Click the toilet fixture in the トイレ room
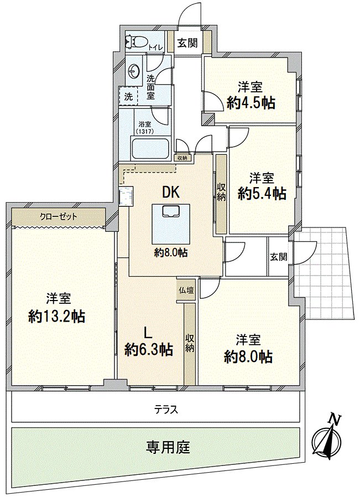point(136,40)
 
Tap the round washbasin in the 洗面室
point(134,71)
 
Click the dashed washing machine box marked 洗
point(128,95)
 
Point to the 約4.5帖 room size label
point(251,102)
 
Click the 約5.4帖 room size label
point(262,193)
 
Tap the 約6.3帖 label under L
point(148,349)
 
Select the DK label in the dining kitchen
point(170,191)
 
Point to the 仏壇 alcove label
point(186,290)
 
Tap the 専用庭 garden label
point(168,446)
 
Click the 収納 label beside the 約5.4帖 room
point(221,191)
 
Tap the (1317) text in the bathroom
point(144,131)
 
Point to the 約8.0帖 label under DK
point(170,253)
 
